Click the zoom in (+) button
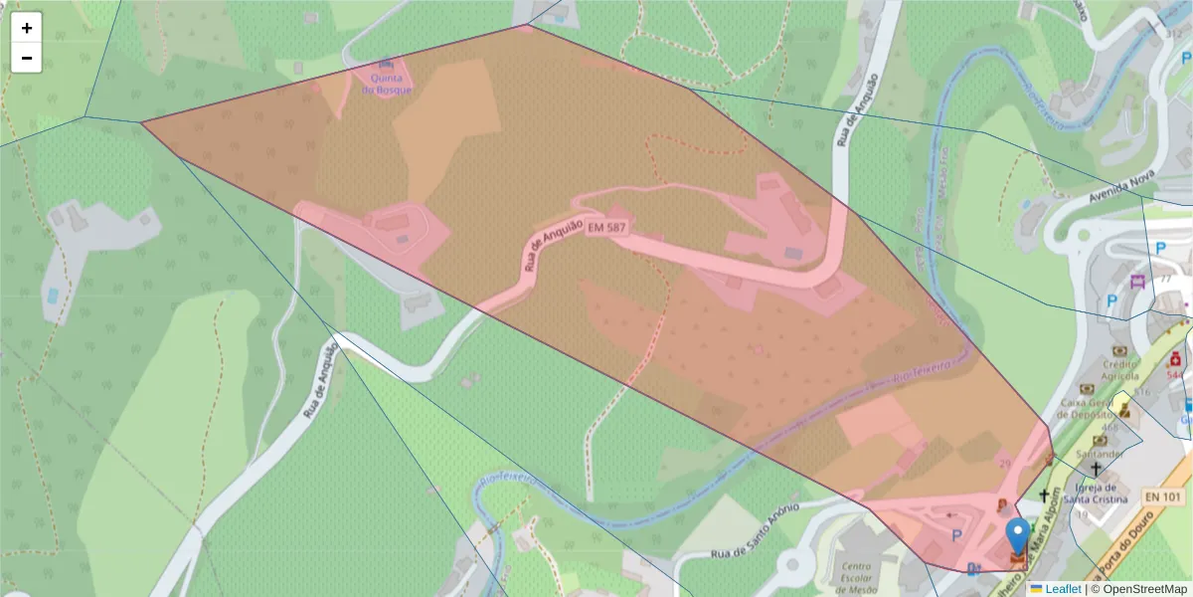click(27, 28)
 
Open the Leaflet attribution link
click(1062, 589)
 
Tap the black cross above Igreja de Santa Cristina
click(1096, 469)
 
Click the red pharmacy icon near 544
click(1175, 358)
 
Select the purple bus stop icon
click(1138, 281)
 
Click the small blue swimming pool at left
click(52, 296)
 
